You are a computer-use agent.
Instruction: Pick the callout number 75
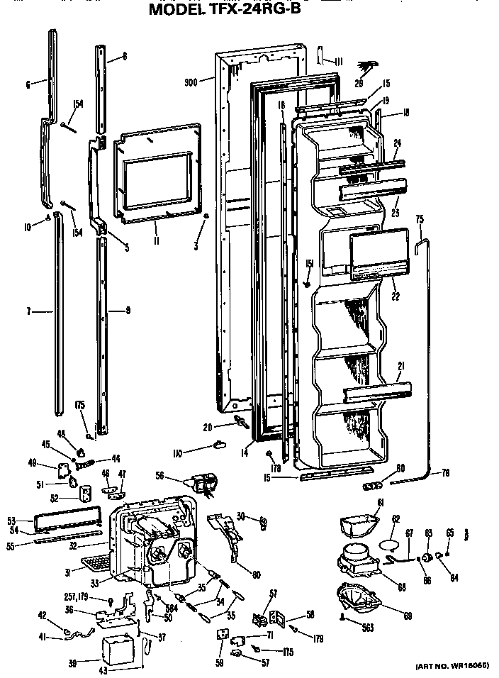pos(418,219)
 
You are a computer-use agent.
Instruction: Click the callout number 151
pos(309,264)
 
